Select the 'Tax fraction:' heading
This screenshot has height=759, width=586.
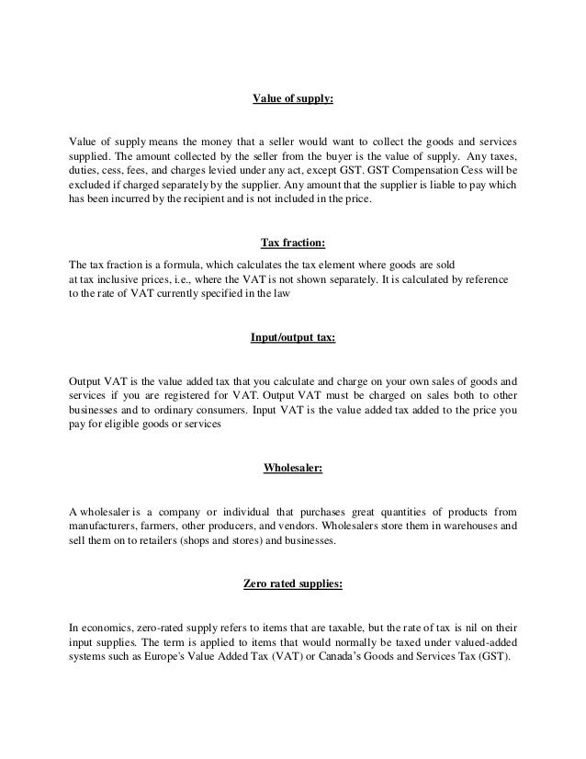pyautogui.click(x=292, y=244)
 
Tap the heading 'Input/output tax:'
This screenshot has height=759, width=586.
pyautogui.click(x=292, y=337)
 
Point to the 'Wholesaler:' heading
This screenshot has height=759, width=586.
pyautogui.click(x=292, y=468)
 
